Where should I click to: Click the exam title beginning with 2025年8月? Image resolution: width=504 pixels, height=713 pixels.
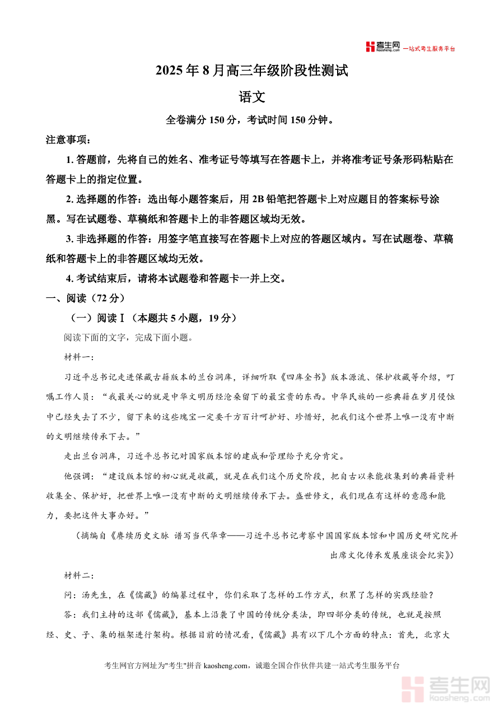pyautogui.click(x=251, y=71)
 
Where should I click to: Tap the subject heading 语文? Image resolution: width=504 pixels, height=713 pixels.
pyautogui.click(x=251, y=97)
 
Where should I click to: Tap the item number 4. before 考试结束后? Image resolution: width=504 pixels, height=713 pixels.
pyautogui.click(x=69, y=278)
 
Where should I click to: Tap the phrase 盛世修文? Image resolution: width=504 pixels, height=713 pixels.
pyautogui.click(x=312, y=496)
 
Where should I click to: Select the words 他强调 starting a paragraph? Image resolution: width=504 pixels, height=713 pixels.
pyautogui.click(x=77, y=476)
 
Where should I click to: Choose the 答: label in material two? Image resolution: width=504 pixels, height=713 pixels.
pyautogui.click(x=70, y=615)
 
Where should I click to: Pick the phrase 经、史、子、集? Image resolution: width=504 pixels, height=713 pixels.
pyautogui.click(x=73, y=635)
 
